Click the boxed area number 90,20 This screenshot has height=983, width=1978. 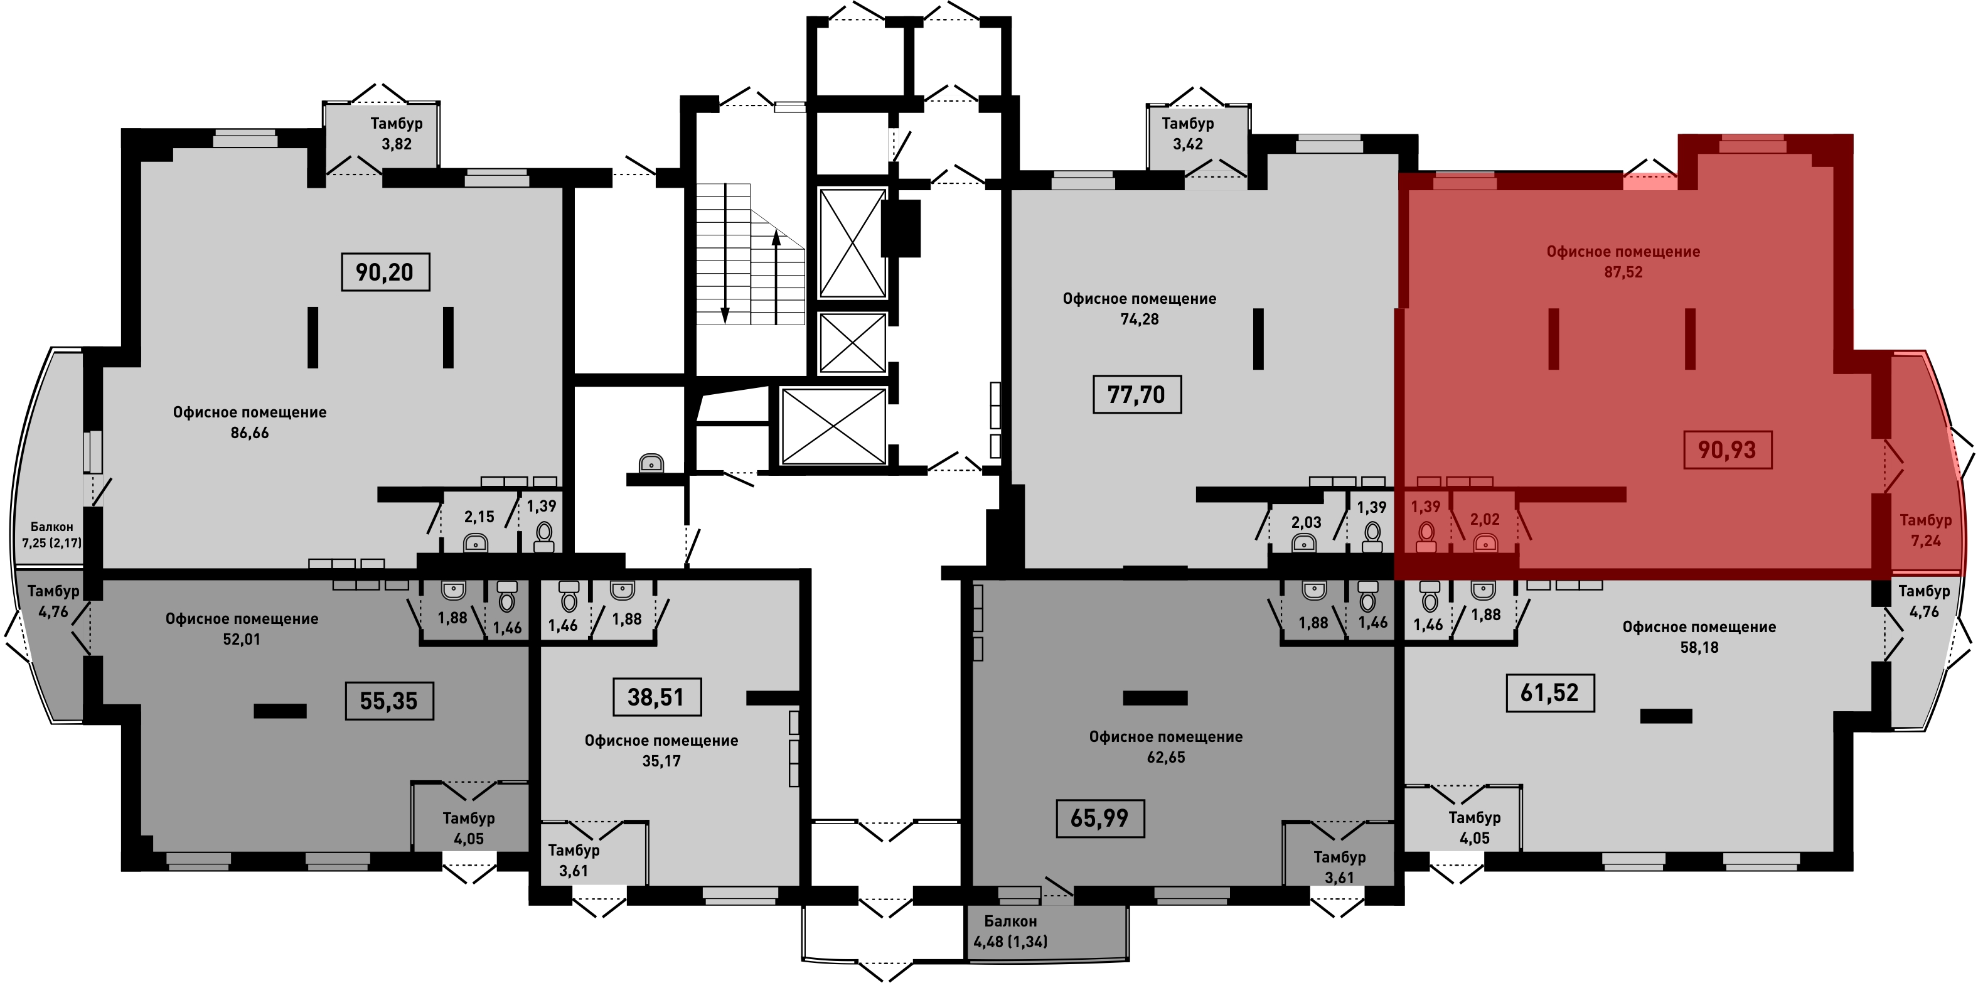(385, 272)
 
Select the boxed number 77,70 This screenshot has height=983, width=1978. (1136, 394)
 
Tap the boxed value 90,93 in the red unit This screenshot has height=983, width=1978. (1727, 449)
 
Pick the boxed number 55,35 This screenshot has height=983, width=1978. (388, 701)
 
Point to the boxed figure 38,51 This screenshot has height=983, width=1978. (656, 697)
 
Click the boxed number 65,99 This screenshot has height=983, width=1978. (1099, 818)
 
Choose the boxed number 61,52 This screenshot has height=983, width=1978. (1549, 693)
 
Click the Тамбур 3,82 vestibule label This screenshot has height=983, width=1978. (396, 133)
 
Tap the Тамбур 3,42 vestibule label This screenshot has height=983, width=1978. (1187, 133)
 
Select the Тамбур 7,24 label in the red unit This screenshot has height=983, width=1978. (1926, 530)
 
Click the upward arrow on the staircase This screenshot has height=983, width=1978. (776, 276)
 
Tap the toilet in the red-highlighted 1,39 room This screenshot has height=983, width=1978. (1426, 537)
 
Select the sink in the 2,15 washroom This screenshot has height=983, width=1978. (476, 543)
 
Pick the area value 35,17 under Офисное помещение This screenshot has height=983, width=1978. (661, 761)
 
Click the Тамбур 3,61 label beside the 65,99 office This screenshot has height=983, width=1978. (1339, 867)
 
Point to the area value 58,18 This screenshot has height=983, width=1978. (1699, 647)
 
